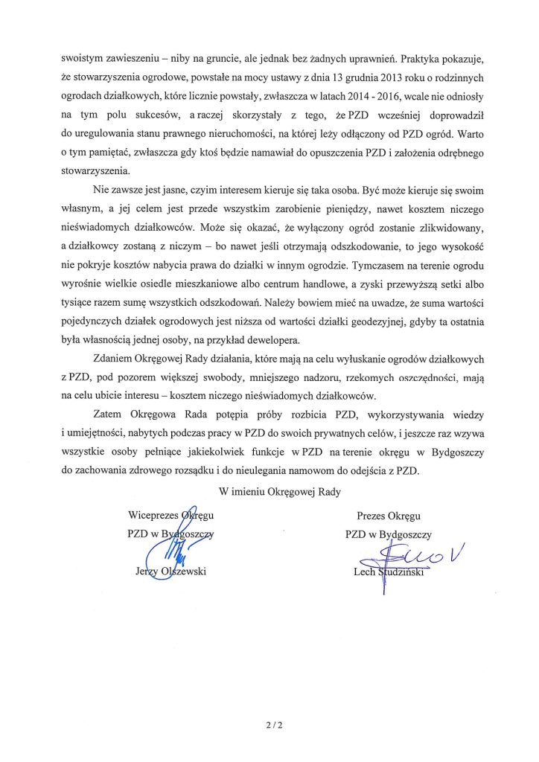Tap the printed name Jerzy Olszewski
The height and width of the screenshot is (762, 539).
click(x=167, y=571)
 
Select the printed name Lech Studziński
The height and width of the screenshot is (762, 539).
click(x=393, y=571)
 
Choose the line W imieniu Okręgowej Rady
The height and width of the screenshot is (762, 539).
click(x=270, y=490)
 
